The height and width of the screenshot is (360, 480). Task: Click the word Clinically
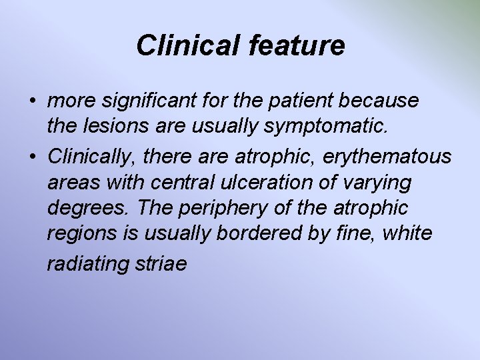tap(92, 157)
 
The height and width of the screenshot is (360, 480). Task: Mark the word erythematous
tap(387, 157)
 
